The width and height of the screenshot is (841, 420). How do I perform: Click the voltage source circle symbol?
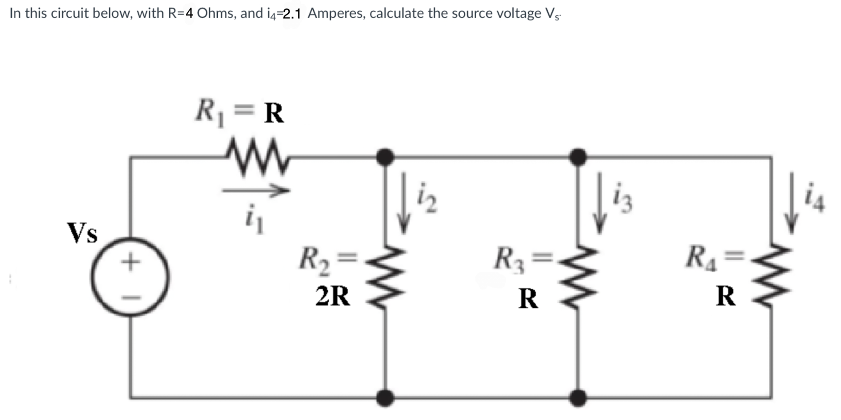(130, 277)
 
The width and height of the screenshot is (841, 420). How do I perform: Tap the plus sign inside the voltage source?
(130, 262)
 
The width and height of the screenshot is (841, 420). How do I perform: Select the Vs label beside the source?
(83, 232)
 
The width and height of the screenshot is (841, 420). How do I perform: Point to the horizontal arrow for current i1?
(255, 191)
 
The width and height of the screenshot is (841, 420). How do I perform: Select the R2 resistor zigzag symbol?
(385, 278)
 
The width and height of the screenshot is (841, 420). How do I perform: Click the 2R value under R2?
(332, 296)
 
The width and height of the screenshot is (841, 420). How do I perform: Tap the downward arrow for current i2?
(403, 204)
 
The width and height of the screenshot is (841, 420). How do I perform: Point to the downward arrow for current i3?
(599, 204)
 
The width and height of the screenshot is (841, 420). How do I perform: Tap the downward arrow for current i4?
(792, 204)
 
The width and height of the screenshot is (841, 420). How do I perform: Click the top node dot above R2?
(385, 157)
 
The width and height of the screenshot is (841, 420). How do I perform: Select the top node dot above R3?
(578, 157)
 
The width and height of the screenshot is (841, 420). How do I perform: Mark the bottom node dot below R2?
(385, 398)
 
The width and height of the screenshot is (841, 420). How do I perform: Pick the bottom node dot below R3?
(578, 398)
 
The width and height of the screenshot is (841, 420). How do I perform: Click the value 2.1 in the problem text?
(292, 14)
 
